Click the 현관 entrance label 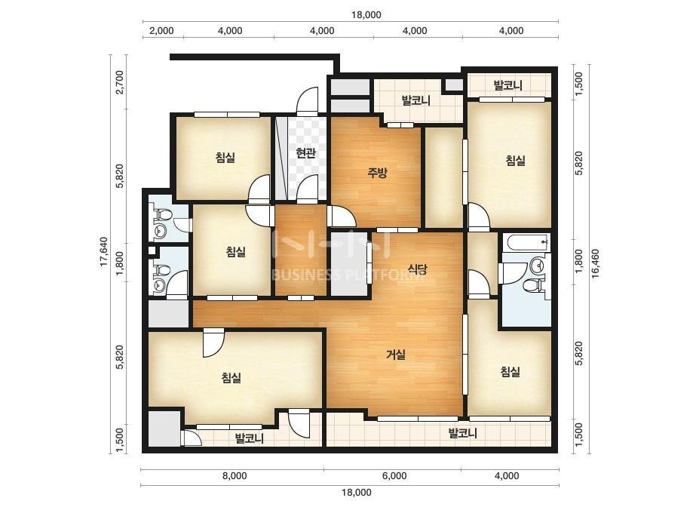306,153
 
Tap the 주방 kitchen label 377,172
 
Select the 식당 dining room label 417,269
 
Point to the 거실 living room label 395,355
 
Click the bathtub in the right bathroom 526,243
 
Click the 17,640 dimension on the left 103,252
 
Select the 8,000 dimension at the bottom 235,476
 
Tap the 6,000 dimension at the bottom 394,476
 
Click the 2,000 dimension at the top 161,31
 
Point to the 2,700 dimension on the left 119,82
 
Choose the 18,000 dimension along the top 366,14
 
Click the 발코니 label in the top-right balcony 508,84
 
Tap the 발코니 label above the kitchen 416,100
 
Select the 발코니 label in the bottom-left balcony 250,438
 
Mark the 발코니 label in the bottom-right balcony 462,433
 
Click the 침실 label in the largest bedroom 231,378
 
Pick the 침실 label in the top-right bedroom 515,161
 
